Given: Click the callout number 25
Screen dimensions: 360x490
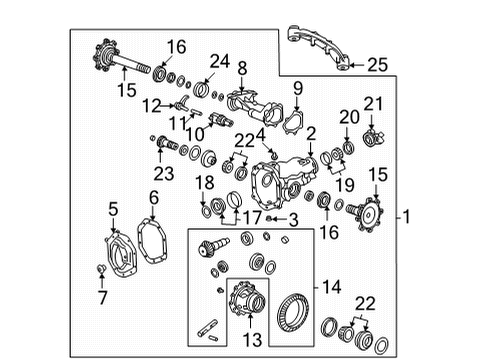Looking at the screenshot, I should click(x=375, y=66).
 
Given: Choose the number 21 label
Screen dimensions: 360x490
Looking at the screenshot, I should click(x=374, y=105).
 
